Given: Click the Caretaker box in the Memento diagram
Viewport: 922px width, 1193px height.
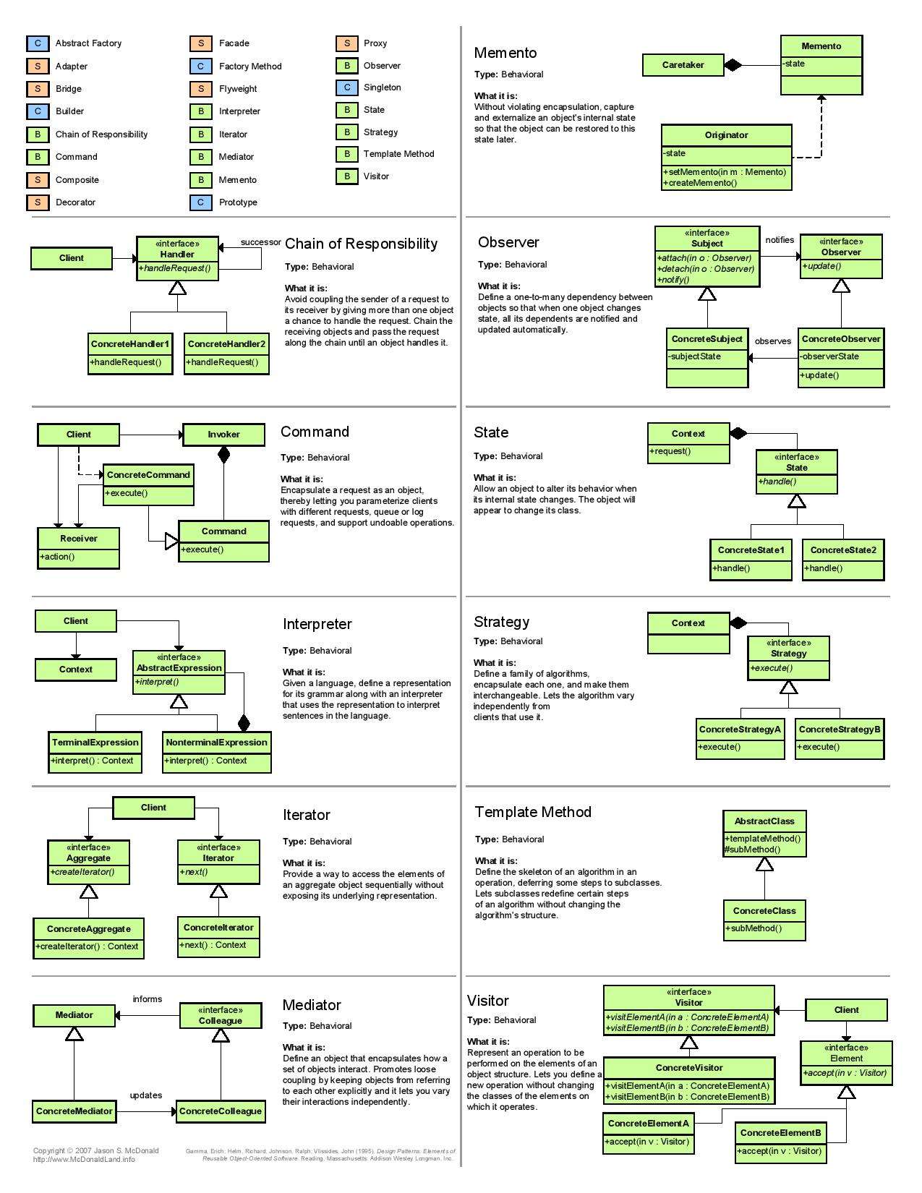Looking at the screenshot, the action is pyautogui.click(x=683, y=65).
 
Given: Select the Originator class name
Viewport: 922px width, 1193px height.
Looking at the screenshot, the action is pyautogui.click(x=726, y=135).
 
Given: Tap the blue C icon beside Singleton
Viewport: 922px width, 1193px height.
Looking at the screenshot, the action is pyautogui.click(x=347, y=87).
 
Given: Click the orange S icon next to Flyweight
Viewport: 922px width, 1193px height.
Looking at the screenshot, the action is pyautogui.click(x=201, y=88).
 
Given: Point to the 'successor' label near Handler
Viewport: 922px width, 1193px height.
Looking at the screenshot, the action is pyautogui.click(x=261, y=242).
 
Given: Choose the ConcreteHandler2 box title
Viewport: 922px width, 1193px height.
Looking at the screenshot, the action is pyautogui.click(x=226, y=344).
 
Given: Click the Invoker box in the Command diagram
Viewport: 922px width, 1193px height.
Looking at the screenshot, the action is pyautogui.click(x=223, y=435).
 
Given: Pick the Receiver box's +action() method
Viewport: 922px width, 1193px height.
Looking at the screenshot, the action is pyautogui.click(x=57, y=557).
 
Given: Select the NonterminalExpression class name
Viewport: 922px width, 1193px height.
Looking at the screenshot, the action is pyautogui.click(x=216, y=743).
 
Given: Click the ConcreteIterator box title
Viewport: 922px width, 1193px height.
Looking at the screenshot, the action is pyautogui.click(x=218, y=927).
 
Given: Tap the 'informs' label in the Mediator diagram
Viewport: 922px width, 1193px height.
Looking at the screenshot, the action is pyautogui.click(x=148, y=999).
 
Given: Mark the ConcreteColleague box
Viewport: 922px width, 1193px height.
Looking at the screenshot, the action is pyautogui.click(x=221, y=1111).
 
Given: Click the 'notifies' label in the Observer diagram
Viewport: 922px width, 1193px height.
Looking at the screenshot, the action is pyautogui.click(x=780, y=240).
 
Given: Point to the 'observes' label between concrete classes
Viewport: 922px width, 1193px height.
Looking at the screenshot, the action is pyautogui.click(x=772, y=341).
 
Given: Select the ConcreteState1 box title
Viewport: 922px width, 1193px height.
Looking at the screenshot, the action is pyautogui.click(x=751, y=550).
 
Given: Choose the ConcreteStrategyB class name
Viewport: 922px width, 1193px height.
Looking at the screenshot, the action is pyautogui.click(x=839, y=729).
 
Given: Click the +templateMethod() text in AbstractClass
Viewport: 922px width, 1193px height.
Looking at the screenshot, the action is pyautogui.click(x=763, y=838).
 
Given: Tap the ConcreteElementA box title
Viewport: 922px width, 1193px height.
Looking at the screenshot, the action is pyautogui.click(x=648, y=1124).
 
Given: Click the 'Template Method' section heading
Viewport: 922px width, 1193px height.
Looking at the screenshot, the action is pyautogui.click(x=533, y=812).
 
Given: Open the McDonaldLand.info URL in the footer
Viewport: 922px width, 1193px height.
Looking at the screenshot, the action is pyautogui.click(x=83, y=1159).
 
